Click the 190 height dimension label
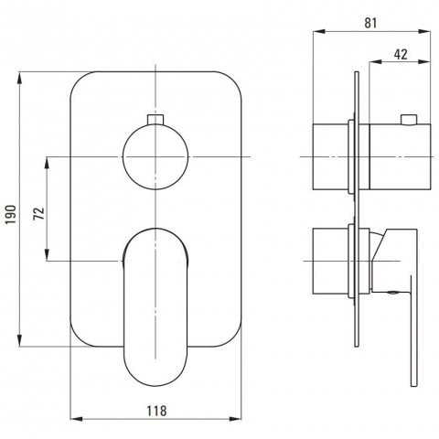(11, 214)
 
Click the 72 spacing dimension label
(38, 213)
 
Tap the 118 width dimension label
(157, 411)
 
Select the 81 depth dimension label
(370, 23)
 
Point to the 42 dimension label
(401, 55)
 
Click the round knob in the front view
(155, 156)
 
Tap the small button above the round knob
(155, 119)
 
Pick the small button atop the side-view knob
(409, 120)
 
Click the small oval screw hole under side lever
(392, 293)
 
